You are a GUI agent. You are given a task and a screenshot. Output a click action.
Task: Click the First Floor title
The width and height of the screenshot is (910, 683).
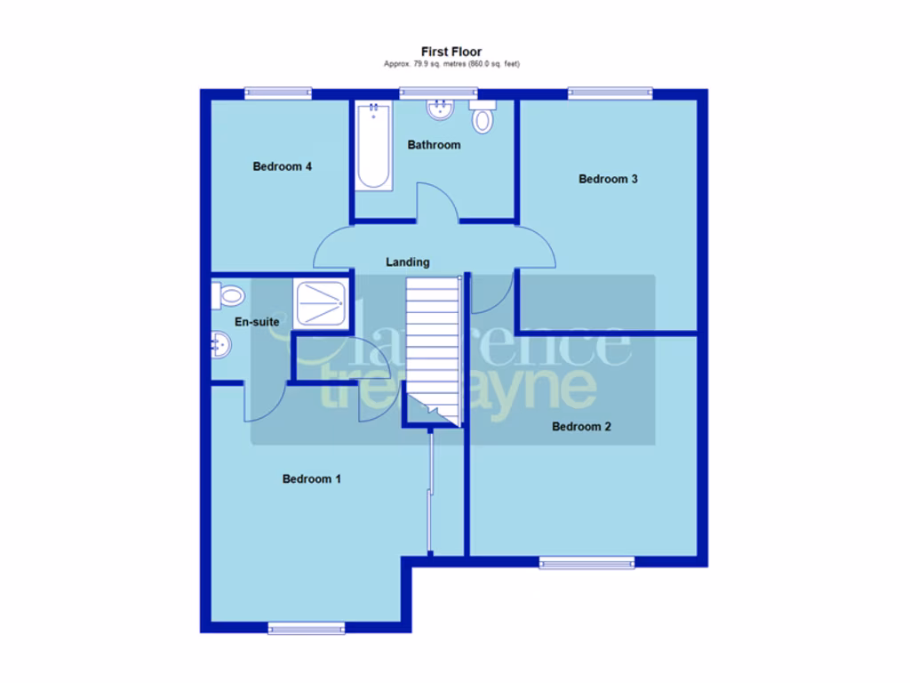coord(451,52)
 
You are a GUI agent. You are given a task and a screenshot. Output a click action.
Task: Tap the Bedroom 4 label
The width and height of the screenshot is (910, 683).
coord(282,166)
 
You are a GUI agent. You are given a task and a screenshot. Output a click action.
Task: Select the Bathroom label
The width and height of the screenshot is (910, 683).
coord(434,144)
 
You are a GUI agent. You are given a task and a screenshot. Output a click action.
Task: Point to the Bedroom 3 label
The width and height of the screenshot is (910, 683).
coord(608,179)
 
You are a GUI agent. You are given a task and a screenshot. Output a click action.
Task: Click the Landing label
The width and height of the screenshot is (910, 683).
coord(407,262)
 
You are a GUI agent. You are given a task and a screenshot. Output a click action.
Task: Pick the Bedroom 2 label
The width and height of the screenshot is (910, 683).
coord(581,427)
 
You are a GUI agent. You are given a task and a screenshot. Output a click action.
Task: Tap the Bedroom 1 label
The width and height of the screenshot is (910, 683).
coord(311,479)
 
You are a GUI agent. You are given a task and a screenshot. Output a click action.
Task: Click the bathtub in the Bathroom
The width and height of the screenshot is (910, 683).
coord(373,146)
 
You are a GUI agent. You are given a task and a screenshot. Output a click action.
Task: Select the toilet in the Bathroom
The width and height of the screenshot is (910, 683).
coord(482,117)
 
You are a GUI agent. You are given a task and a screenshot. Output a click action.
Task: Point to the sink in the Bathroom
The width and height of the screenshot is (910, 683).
coord(439,110)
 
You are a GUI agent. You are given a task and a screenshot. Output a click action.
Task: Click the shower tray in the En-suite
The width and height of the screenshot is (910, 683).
coord(321,303)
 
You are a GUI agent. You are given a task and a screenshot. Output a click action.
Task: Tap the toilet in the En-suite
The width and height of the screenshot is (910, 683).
coord(227,295)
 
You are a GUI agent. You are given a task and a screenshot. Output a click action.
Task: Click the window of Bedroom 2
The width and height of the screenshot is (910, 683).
coord(587,562)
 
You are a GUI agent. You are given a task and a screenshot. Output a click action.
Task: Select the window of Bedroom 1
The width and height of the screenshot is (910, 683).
coord(306,629)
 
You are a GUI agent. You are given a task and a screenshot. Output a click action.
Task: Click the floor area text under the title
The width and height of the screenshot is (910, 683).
coord(451,64)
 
